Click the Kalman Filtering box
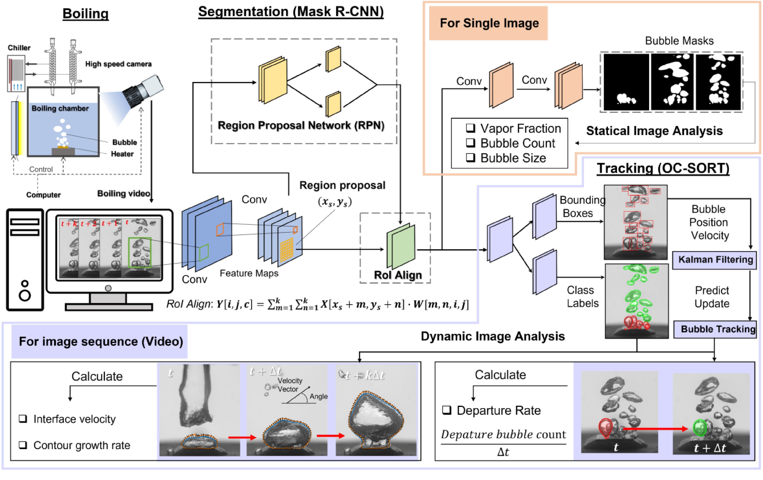(x=715, y=260)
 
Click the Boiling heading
(x=86, y=14)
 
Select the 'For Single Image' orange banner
(x=488, y=23)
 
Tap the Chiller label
(x=19, y=48)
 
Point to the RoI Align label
(x=398, y=275)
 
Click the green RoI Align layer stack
(x=401, y=246)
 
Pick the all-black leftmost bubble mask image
(x=626, y=82)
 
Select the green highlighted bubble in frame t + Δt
(x=700, y=427)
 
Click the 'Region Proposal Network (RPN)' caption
(x=301, y=126)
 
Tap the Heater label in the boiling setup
(x=122, y=154)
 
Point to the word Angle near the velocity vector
(x=319, y=396)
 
